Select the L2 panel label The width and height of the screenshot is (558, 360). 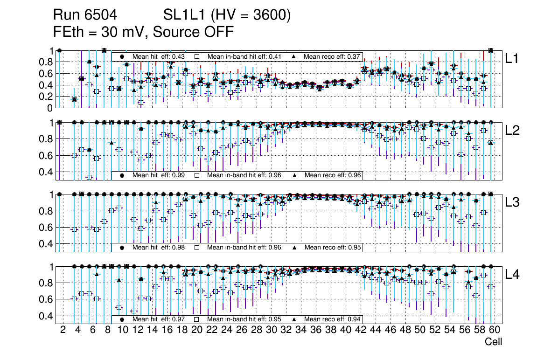click(512, 130)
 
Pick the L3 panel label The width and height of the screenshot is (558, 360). click(512, 202)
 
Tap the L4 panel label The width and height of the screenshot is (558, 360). click(512, 274)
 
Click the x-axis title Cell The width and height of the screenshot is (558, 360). click(493, 342)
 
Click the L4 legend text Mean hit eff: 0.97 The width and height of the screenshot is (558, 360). click(159, 319)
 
